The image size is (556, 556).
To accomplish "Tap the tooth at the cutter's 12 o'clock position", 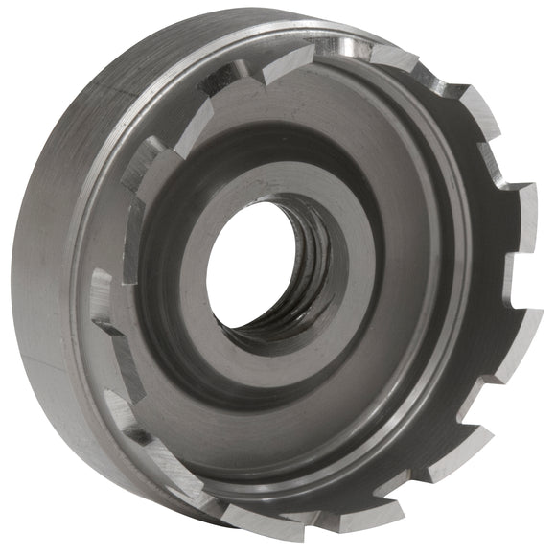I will pos(288,62).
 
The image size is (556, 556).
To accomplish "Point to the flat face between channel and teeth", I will pos(422,316).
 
